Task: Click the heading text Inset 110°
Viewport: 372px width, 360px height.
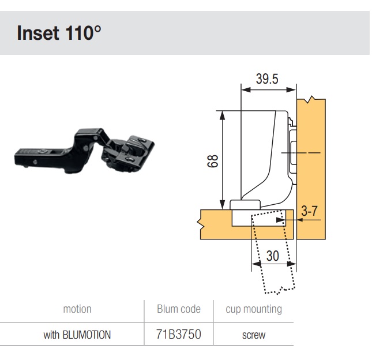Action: pyautogui.click(x=59, y=33)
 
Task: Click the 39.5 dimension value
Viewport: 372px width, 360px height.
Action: pyautogui.click(x=267, y=79)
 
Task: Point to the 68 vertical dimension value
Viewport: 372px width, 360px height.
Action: pyautogui.click(x=213, y=161)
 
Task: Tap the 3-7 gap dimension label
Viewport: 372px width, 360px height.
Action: pyautogui.click(x=309, y=211)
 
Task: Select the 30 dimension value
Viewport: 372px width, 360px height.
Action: pyautogui.click(x=273, y=256)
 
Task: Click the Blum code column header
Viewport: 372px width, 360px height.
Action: pyautogui.click(x=179, y=309)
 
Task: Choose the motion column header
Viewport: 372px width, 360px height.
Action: pyautogui.click(x=77, y=309)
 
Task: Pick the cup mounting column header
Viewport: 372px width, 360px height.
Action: pyautogui.click(x=254, y=309)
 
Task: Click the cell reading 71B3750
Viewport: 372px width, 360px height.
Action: pyautogui.click(x=179, y=334)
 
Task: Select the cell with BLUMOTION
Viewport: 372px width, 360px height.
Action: pyautogui.click(x=77, y=335)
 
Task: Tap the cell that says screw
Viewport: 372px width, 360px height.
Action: pyautogui.click(x=254, y=335)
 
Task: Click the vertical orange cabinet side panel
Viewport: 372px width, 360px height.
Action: pyautogui.click(x=311, y=168)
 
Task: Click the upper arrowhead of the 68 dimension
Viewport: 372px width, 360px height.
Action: pyautogui.click(x=222, y=115)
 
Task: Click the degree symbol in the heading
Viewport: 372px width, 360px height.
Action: pyautogui.click(x=97, y=30)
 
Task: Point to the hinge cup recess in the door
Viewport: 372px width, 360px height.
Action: pyautogui.click(x=258, y=218)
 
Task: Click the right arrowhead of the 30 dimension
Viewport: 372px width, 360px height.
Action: pyautogui.click(x=292, y=264)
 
